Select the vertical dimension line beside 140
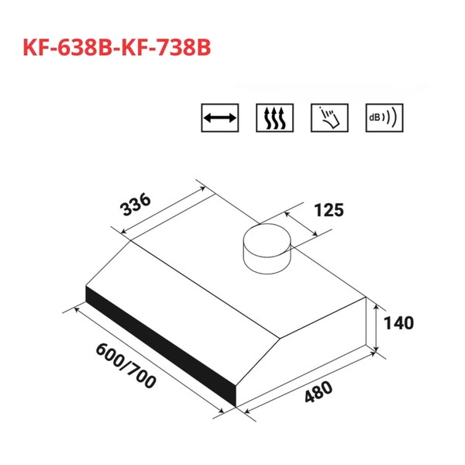(377, 325)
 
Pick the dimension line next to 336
(159, 207)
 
